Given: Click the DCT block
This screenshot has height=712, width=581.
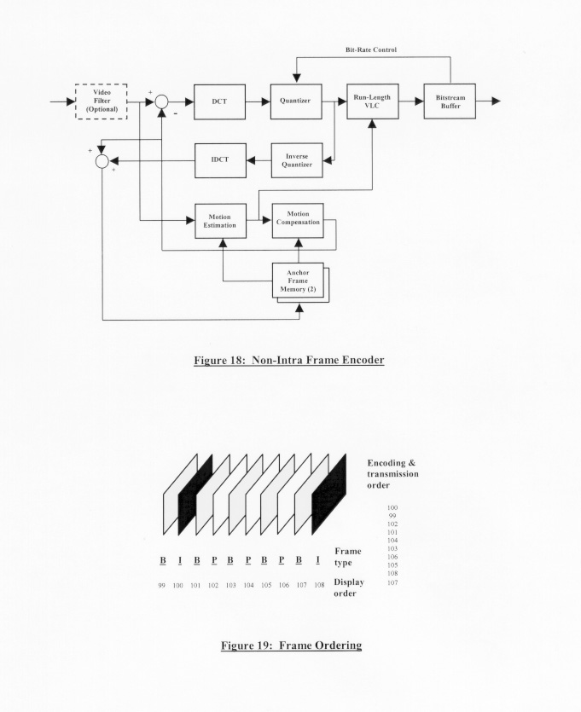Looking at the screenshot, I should tap(220, 101).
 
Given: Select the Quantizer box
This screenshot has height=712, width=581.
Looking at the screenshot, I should tap(296, 101).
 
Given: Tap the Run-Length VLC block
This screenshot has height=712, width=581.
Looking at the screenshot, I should tap(372, 101).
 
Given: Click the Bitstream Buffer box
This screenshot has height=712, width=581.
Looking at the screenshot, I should tap(450, 101).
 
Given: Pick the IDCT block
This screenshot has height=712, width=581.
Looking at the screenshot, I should tap(220, 160).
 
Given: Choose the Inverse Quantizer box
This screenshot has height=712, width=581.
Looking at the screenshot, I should tap(296, 160).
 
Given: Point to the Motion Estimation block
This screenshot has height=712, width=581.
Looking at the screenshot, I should tap(220, 221).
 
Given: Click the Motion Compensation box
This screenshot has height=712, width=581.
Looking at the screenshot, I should tap(297, 221).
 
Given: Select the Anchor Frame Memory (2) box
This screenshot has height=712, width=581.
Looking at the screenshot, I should tap(297, 281).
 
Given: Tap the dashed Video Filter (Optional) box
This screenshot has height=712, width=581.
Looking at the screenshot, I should tap(102, 101).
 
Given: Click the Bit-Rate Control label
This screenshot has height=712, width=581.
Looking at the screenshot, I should tap(370, 50).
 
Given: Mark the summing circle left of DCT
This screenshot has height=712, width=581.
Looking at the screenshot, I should tap(162, 101).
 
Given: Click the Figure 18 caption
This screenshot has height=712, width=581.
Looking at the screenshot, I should tap(290, 360).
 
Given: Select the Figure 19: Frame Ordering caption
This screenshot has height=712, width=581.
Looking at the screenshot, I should tap(290, 645).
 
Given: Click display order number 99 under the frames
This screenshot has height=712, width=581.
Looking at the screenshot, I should tap(161, 586).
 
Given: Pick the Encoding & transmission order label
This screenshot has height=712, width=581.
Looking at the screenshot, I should tap(392, 473).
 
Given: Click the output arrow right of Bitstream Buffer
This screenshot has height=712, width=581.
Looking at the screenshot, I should tap(489, 101).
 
